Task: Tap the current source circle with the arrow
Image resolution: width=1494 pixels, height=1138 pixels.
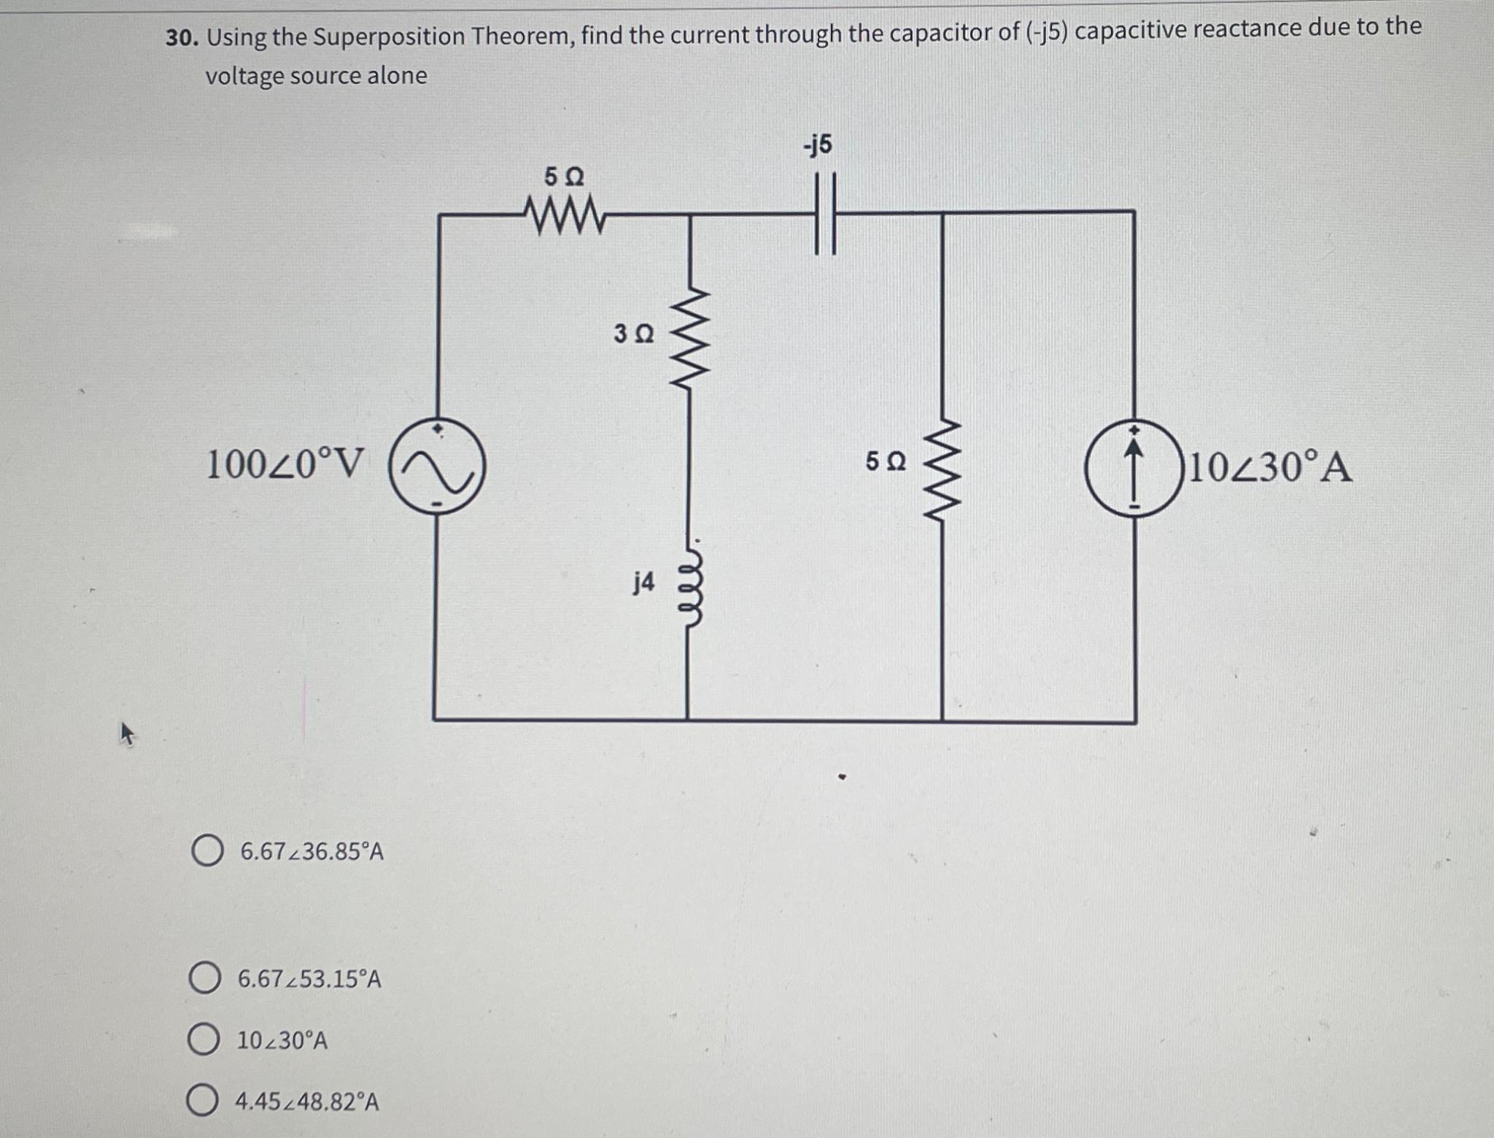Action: [1133, 469]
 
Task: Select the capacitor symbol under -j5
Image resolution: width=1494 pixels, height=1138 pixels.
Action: [825, 214]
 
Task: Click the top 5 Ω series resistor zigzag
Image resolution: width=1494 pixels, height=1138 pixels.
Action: [563, 215]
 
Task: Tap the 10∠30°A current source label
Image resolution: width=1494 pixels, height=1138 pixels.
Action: [1272, 468]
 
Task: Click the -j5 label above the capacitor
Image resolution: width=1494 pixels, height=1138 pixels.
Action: [818, 145]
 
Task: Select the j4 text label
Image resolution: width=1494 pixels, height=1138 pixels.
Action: [643, 583]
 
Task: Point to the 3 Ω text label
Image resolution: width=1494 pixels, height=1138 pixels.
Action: [634, 334]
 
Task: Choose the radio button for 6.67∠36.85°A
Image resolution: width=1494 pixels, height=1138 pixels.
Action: [207, 851]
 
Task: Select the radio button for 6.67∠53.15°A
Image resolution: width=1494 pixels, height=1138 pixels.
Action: [205, 978]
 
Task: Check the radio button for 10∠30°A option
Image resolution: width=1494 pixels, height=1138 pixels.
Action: [204, 1040]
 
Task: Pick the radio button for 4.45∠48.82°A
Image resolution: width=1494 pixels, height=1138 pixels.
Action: [202, 1102]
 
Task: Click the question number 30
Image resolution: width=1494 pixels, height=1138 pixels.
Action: [182, 38]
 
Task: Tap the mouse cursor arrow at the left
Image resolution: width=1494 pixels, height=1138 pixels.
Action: [127, 733]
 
